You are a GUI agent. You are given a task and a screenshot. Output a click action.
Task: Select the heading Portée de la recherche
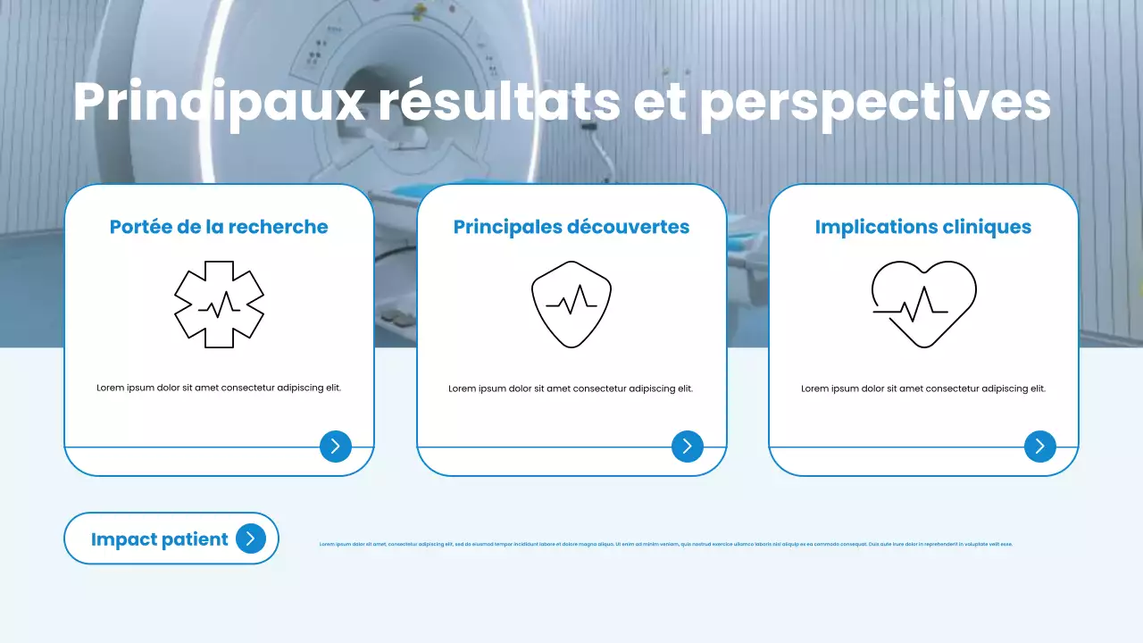[x=219, y=227]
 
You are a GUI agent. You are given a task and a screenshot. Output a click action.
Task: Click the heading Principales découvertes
[x=571, y=227]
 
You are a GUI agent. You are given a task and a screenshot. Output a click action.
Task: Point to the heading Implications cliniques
[x=923, y=227]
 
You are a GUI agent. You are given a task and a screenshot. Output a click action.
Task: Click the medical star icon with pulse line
[x=219, y=305]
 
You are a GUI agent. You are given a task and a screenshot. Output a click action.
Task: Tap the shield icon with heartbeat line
[x=571, y=304]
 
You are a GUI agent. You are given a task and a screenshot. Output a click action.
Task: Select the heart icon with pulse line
[x=923, y=304]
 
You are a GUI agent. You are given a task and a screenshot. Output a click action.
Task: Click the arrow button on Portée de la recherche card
[x=336, y=447]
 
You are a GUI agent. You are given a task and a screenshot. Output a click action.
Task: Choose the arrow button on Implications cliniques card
[x=1040, y=447]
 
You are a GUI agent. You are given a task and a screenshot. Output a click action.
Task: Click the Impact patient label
[x=160, y=539]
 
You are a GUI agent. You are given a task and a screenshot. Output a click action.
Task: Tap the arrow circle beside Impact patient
[x=251, y=539]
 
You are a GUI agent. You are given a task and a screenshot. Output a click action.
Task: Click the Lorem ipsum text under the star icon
[x=219, y=388]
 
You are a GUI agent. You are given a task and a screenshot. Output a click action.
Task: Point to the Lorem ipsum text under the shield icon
[x=571, y=388]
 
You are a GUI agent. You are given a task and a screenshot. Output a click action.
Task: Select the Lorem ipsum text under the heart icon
[x=923, y=388]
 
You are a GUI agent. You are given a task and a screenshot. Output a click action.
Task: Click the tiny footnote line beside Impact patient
[x=666, y=544]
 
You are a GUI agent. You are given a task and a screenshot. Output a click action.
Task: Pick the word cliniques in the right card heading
[x=988, y=227]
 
